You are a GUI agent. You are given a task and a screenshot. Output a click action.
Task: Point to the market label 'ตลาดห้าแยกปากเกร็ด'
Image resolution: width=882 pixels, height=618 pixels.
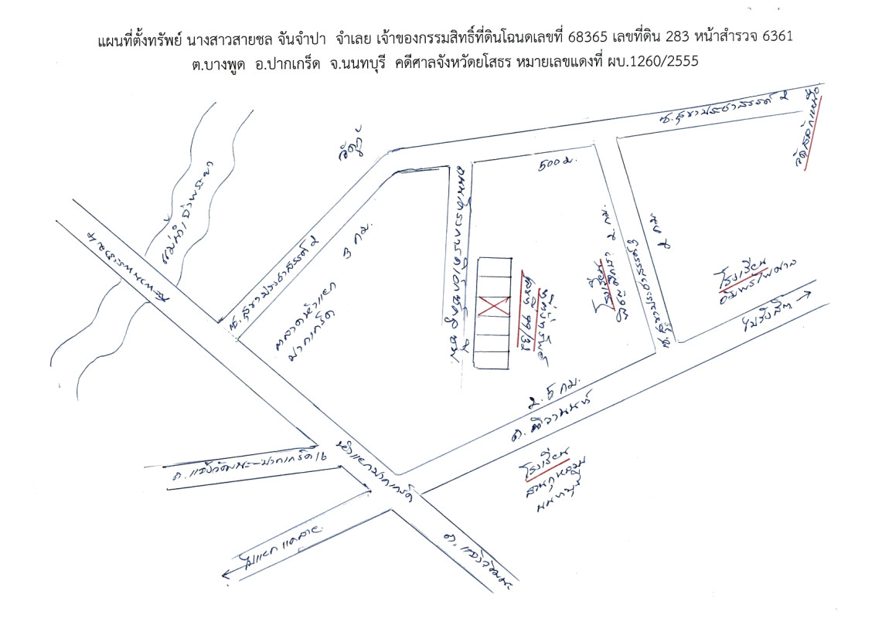(x=300, y=319)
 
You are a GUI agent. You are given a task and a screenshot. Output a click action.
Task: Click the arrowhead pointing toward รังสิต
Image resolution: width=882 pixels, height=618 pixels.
(x=809, y=294)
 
